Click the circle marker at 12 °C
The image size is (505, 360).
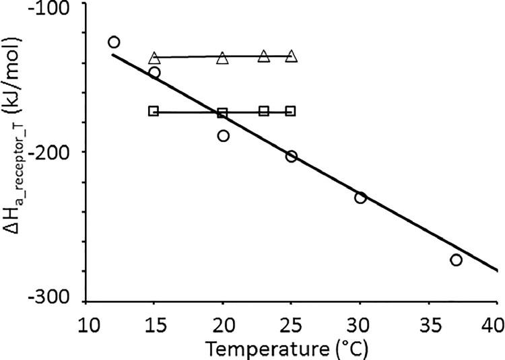coord(114,42)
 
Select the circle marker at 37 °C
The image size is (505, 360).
coord(456,260)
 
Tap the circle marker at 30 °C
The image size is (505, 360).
coord(360,197)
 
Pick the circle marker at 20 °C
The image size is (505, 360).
coord(223,135)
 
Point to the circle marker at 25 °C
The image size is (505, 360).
coord(291,156)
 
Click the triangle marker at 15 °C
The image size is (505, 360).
coord(154,58)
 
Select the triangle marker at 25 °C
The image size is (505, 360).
coord(291,57)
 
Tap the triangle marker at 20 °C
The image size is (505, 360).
coord(223,59)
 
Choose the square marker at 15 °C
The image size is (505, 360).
coord(154,111)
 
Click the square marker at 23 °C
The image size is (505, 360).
coord(264,111)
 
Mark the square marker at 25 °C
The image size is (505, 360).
coord(290,111)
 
